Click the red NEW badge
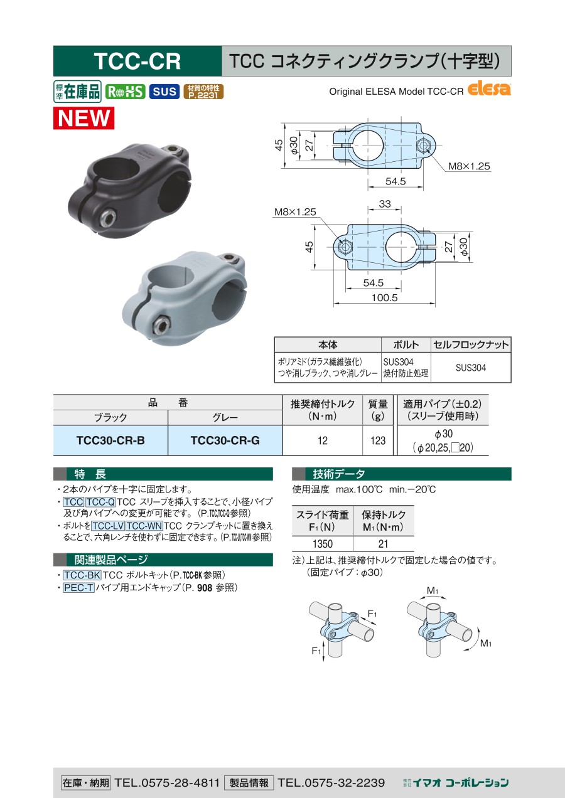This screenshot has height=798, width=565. [x=83, y=118]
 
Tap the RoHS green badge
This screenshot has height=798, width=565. [x=125, y=92]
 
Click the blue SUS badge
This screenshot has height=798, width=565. [x=164, y=92]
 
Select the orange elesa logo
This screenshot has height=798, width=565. [x=489, y=89]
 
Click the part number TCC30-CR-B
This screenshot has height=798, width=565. [x=110, y=440]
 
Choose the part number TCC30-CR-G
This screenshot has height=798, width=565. [x=225, y=440]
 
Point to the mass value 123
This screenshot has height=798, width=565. [x=378, y=440]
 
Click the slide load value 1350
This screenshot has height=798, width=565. [x=322, y=544]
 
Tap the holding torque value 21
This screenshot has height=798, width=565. [x=383, y=544]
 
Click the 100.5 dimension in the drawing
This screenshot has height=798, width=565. [x=384, y=297]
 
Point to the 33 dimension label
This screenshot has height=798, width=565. [x=385, y=204]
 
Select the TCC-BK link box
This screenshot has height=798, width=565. [x=82, y=575]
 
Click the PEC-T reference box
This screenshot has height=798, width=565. [x=78, y=587]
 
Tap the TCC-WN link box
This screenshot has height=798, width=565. [x=144, y=526]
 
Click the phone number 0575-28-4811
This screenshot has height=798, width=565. [x=180, y=783]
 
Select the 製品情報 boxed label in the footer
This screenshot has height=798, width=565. [x=249, y=783]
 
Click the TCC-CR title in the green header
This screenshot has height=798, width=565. [x=137, y=61]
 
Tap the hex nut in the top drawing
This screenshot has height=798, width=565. [x=423, y=146]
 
